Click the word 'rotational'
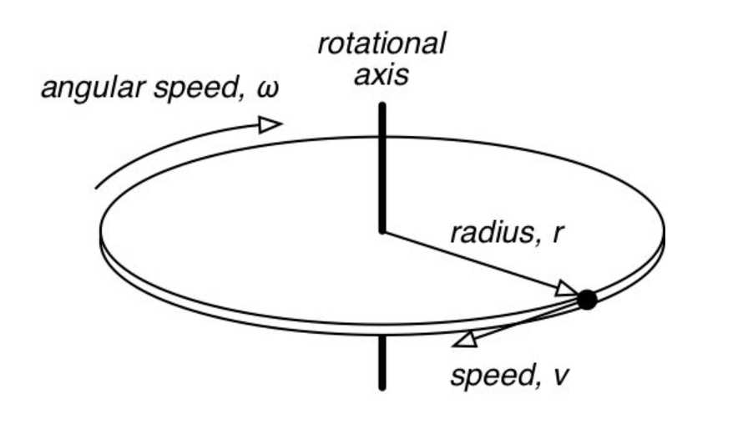tap(381, 43)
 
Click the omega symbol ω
tap(267, 88)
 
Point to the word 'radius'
tap(486, 234)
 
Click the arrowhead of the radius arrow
tap(566, 290)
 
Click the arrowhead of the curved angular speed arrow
tap(270, 125)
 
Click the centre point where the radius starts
tap(382, 231)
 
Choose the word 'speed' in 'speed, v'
tap(488, 376)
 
